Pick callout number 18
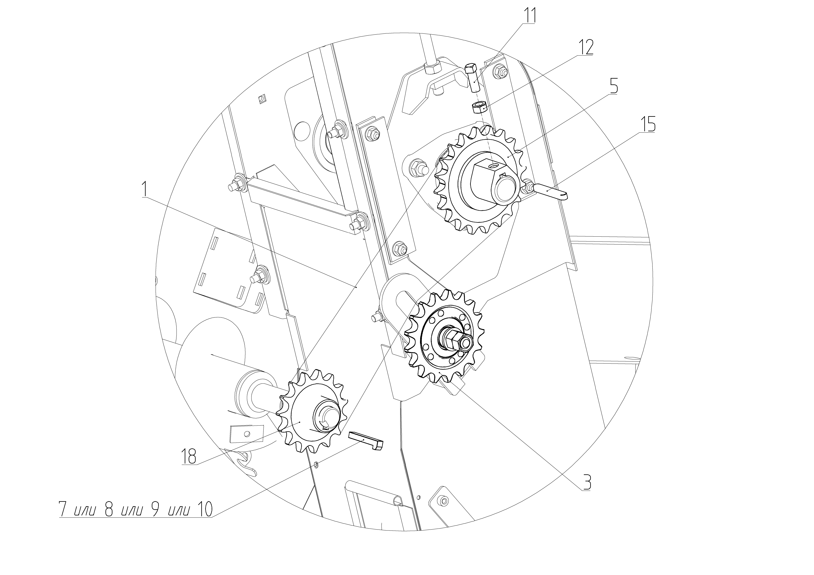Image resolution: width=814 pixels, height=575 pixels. click(189, 457)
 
